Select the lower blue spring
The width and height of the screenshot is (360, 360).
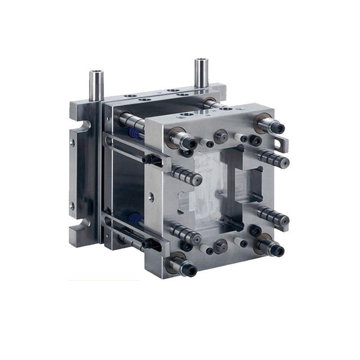coord(133,220)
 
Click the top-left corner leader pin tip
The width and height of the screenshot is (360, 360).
coord(191,144)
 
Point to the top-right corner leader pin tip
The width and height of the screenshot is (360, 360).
coord(279,129)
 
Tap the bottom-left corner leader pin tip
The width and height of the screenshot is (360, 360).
coord(191,270)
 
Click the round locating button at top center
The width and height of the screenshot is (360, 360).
coord(220,135)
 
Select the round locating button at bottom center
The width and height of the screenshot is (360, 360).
coord(220,246)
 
